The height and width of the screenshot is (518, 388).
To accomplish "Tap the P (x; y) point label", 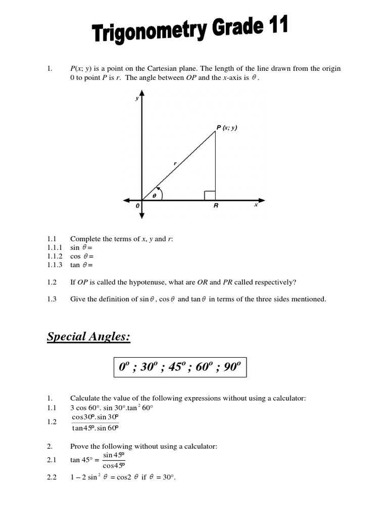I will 227,128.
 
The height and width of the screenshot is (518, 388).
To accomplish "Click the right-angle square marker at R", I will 210,195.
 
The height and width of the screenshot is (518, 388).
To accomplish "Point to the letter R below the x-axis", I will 215,206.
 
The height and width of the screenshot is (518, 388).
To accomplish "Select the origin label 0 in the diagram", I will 136,206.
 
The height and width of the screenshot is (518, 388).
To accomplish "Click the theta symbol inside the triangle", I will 155,195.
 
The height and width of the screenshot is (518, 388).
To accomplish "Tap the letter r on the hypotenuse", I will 175,163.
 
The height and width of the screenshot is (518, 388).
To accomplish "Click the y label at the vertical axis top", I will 136,99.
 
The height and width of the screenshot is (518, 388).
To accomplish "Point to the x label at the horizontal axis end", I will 256,205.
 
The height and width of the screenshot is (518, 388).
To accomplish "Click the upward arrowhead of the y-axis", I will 142,94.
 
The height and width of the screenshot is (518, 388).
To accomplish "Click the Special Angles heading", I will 88,336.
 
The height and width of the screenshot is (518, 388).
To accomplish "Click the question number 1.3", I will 51,299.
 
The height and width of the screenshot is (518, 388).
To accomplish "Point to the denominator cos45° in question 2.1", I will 114,465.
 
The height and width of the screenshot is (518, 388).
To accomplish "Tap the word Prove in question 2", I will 79,446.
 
